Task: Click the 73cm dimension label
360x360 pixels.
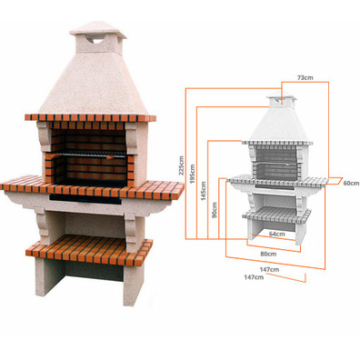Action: point(305,77)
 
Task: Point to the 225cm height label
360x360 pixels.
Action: point(182,165)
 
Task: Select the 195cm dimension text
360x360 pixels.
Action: point(193,173)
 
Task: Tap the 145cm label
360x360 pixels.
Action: point(204,191)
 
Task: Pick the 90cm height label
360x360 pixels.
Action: point(215,210)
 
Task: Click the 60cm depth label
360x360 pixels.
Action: point(352,183)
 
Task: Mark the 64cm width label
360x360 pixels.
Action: point(276,234)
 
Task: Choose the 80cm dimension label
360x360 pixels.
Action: point(268,254)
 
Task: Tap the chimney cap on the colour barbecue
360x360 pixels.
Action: point(98,29)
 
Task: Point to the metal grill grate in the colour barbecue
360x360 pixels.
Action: point(90,155)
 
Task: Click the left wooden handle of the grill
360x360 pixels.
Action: point(55,155)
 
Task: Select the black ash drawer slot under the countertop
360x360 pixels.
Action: point(85,198)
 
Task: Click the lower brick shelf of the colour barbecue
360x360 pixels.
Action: point(89,249)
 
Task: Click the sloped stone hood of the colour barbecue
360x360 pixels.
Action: point(95,85)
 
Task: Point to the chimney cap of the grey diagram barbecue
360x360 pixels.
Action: point(281,95)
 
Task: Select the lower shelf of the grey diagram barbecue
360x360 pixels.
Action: point(276,215)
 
